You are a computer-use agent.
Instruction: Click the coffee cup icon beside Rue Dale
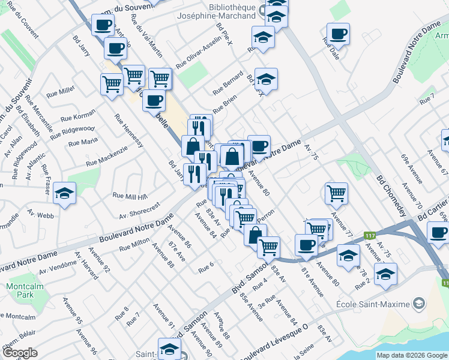[x=338, y=34]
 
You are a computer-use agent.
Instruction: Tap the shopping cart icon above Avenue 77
[x=336, y=193]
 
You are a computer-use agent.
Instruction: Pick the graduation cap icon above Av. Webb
[x=64, y=193]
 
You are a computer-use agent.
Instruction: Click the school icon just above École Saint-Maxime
[x=385, y=274]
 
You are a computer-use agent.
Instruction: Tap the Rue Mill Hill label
[x=130, y=196]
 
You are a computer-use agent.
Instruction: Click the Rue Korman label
[x=78, y=115]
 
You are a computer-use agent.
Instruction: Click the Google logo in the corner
[x=20, y=353]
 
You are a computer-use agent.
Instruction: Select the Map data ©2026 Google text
[x=412, y=355]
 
